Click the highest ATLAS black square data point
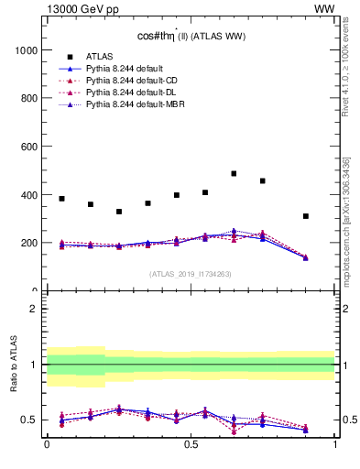[234, 173]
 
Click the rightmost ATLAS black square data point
[306, 216]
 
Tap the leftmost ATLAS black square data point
[61, 199]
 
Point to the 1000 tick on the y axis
[25, 49]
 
